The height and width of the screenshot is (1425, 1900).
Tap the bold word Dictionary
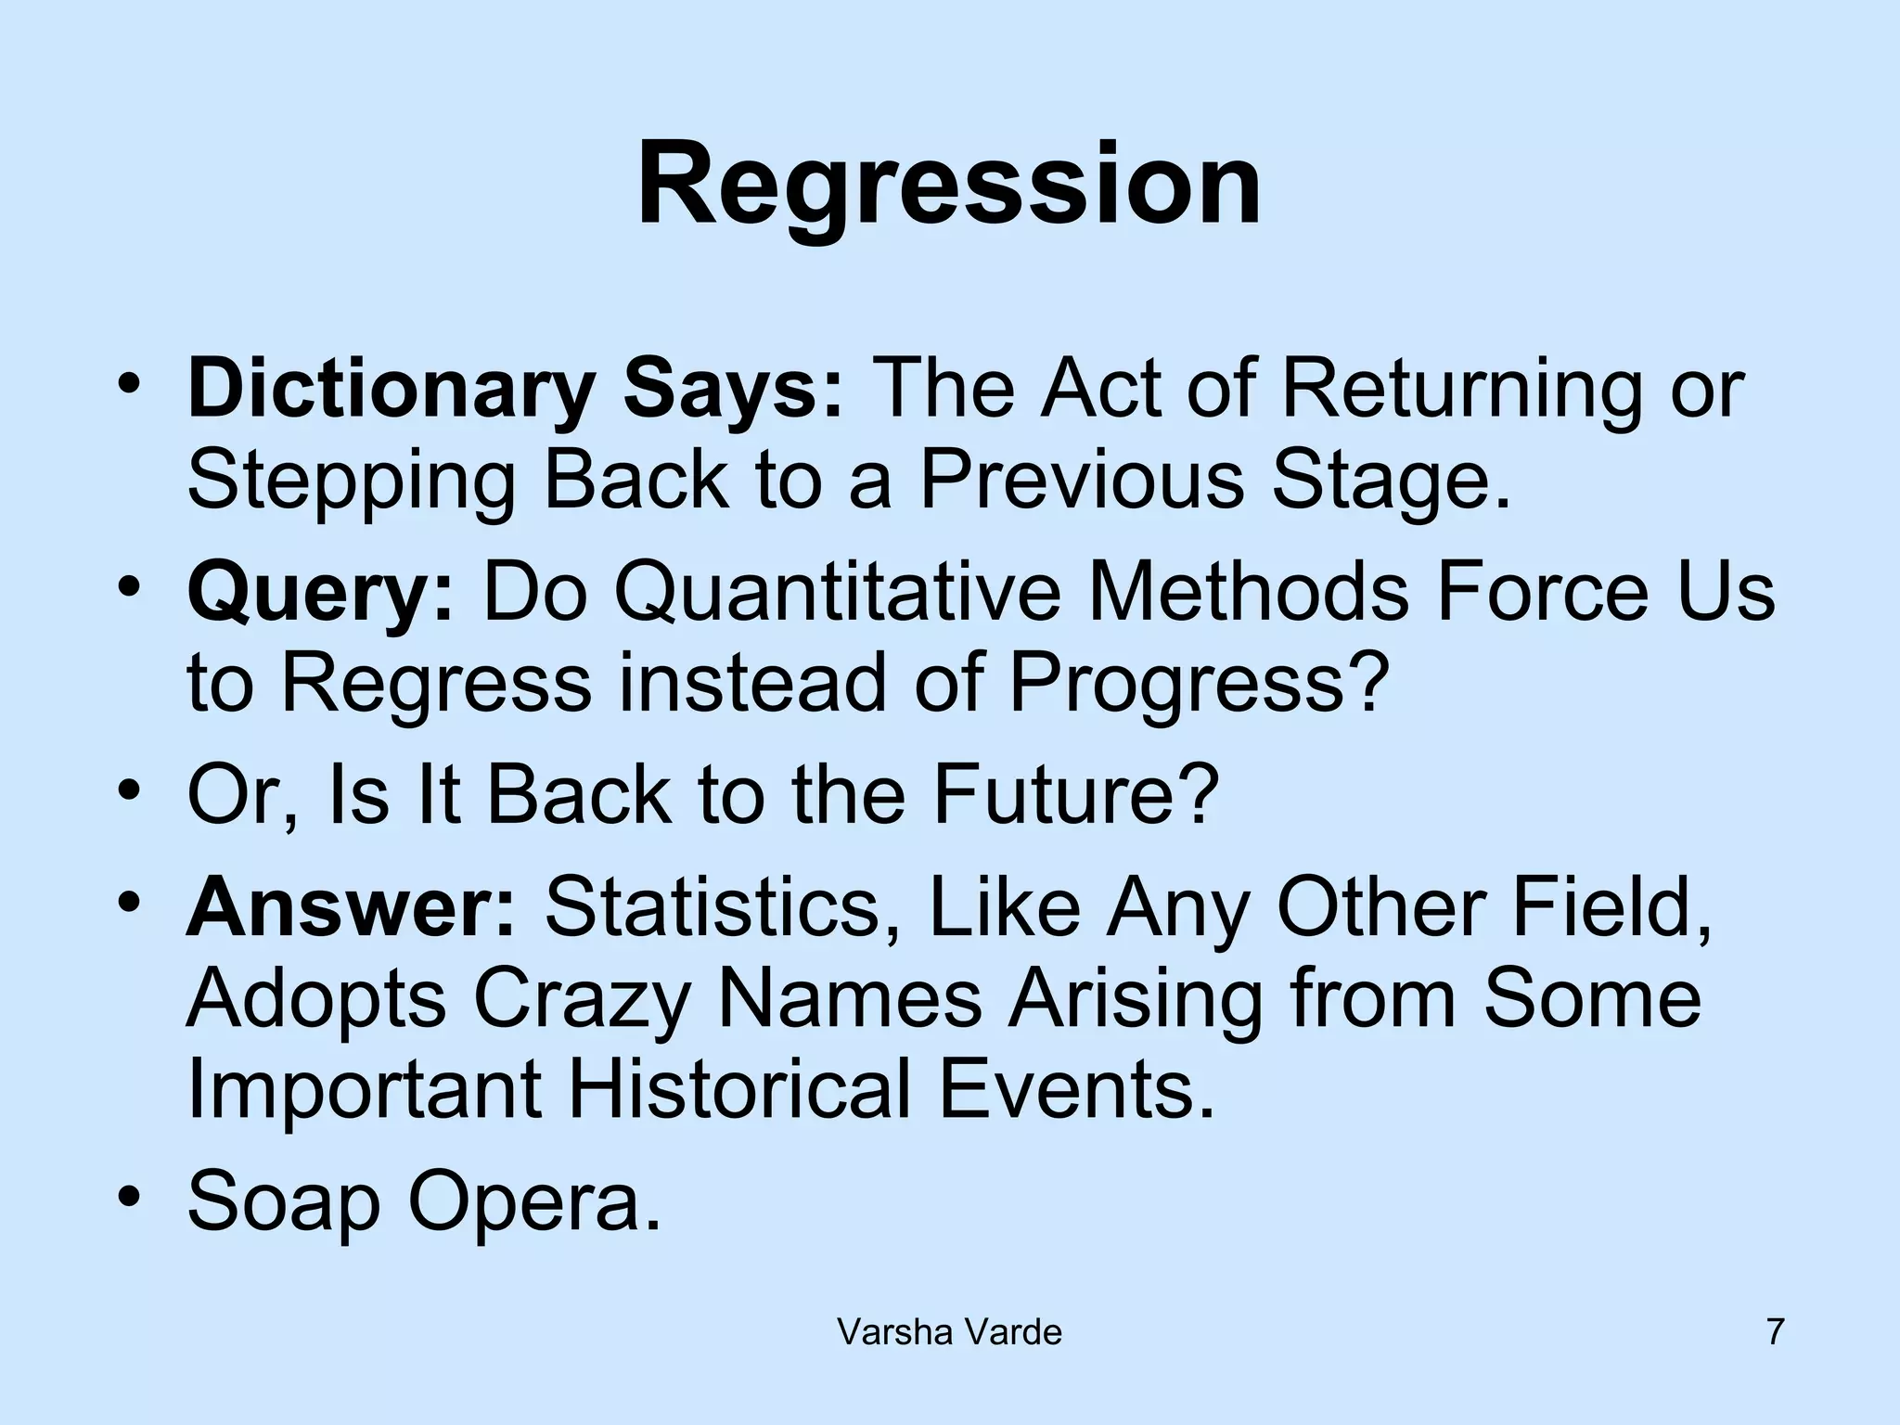pos(390,390)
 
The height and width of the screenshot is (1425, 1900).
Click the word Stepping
pos(351,482)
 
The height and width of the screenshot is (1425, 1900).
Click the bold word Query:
pos(320,594)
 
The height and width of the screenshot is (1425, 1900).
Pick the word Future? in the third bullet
pos(1075,795)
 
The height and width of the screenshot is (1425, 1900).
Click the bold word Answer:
pos(351,906)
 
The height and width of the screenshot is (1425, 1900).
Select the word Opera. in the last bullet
pos(534,1202)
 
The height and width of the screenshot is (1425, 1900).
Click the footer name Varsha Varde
pos(949,1333)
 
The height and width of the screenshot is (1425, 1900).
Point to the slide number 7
pos(1775,1333)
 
